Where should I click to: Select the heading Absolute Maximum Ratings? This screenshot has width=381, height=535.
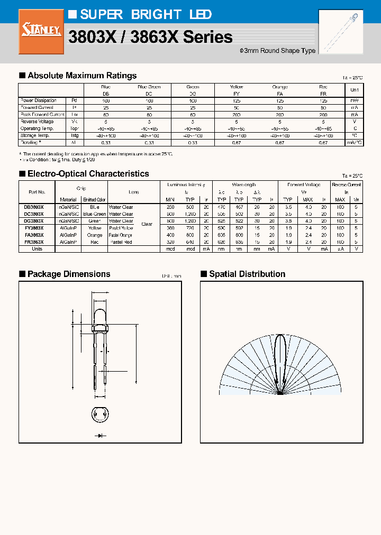click(x=81, y=76)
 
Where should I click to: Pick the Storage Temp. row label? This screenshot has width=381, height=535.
click(x=37, y=135)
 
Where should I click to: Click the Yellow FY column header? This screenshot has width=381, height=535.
click(x=237, y=90)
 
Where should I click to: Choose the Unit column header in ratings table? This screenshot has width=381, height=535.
click(x=354, y=90)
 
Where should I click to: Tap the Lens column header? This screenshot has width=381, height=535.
click(x=134, y=192)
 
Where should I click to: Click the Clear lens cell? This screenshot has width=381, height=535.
click(x=147, y=224)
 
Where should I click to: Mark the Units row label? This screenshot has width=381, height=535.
click(x=37, y=248)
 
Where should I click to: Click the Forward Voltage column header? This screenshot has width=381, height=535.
click(x=304, y=185)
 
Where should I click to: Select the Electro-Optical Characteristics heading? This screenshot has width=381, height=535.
click(x=88, y=174)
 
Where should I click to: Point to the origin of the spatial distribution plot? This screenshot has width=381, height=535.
click(x=281, y=394)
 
